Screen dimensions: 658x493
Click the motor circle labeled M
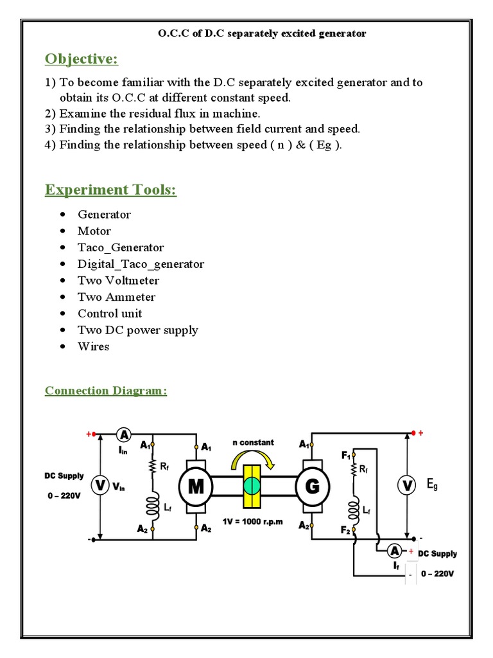click(196, 487)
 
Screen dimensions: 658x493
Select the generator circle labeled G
click(313, 486)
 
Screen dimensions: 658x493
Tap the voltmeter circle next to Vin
click(99, 486)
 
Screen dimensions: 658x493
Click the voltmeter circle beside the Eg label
click(406, 486)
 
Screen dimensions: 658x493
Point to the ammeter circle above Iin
click(124, 435)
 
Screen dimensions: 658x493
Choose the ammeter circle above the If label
click(395, 551)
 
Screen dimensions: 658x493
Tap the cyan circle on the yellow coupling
click(252, 486)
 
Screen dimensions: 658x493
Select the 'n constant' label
click(253, 442)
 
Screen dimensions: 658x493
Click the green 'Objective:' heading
click(82, 59)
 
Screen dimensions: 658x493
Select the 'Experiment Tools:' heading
click(110, 190)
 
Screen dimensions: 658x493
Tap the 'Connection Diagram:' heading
click(106, 391)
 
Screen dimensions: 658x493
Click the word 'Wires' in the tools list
click(94, 346)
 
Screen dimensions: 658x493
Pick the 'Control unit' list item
click(110, 314)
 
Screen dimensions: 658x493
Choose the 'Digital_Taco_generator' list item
click(141, 264)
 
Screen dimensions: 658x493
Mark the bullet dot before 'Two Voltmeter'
click(62, 281)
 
